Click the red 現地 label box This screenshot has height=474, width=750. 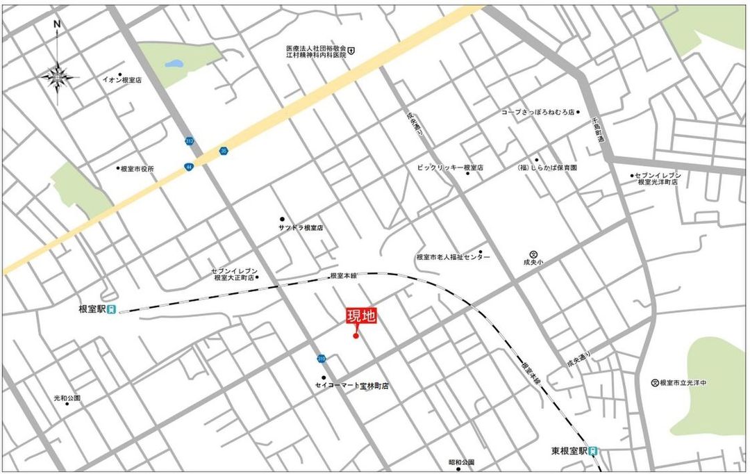pyautogui.click(x=361, y=316)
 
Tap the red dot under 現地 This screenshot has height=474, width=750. pyautogui.click(x=356, y=336)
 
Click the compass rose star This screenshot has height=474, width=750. pyautogui.click(x=58, y=76)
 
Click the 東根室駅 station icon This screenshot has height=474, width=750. pyautogui.click(x=594, y=450)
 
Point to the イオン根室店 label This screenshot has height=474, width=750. pyautogui.click(x=122, y=80)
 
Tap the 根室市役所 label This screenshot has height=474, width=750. pyautogui.click(x=137, y=168)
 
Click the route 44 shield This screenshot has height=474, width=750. pyautogui.click(x=189, y=167)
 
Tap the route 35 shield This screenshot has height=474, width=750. pyautogui.click(x=223, y=150)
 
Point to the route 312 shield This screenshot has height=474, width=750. pyautogui.click(x=190, y=141)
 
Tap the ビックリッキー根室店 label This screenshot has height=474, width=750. pyautogui.click(x=450, y=168)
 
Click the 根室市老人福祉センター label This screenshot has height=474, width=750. pyautogui.click(x=452, y=257)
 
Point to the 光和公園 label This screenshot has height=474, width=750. pyautogui.click(x=67, y=398)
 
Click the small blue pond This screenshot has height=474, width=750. pyautogui.click(x=174, y=65)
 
